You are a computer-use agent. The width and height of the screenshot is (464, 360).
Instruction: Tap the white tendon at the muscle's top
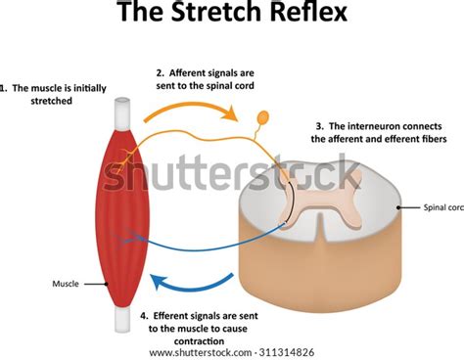point(121,109)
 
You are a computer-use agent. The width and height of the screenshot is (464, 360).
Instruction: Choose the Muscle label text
point(65,285)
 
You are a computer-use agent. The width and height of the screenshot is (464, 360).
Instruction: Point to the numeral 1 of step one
point(5,85)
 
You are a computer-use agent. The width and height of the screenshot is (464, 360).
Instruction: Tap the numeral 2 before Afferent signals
point(160,71)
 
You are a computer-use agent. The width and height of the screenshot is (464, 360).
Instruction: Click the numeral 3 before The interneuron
point(318,125)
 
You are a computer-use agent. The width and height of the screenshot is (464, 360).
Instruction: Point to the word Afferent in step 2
point(193,71)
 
